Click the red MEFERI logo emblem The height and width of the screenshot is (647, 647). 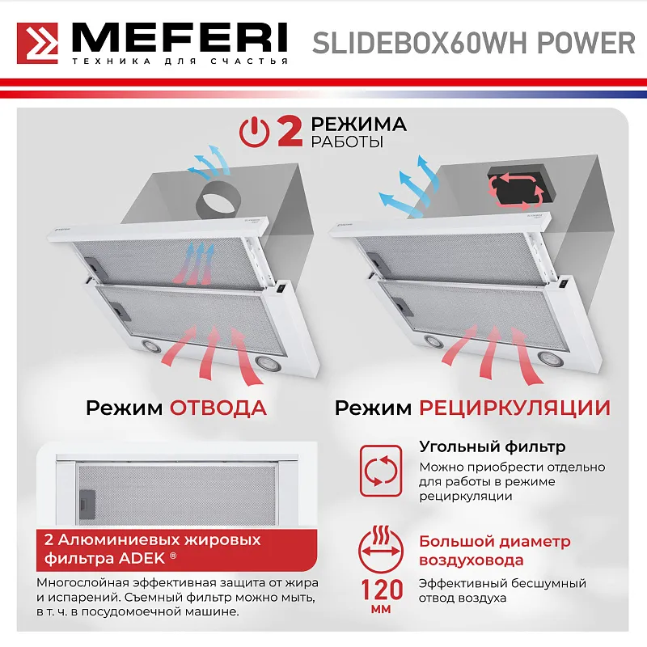point(38,44)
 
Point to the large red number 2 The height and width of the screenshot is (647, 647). point(290,132)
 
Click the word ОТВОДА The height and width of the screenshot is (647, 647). point(218,407)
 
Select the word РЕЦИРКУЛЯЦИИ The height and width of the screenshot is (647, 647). point(514,407)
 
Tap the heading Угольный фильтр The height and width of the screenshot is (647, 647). point(492,446)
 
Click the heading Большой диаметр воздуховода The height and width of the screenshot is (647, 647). point(493,550)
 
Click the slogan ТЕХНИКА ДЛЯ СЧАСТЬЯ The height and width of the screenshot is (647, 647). point(180,62)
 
